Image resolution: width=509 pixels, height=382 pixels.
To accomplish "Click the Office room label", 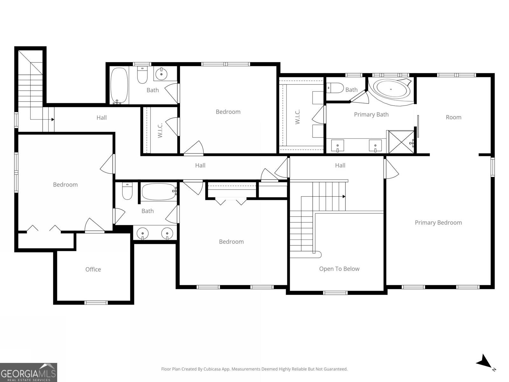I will pyautogui.click(x=93, y=269).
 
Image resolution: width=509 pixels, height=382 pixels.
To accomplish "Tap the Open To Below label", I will pyautogui.click(x=339, y=269).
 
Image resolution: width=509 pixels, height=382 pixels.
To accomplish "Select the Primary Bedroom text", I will pyautogui.click(x=438, y=223).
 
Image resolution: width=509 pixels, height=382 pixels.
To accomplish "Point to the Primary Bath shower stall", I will pyautogui.click(x=400, y=142).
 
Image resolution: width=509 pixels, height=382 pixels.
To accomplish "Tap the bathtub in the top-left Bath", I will pyautogui.click(x=119, y=85).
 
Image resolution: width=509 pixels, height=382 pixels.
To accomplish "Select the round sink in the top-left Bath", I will pyautogui.click(x=162, y=74).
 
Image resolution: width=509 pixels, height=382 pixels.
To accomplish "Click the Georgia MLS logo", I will pyautogui.click(x=28, y=372).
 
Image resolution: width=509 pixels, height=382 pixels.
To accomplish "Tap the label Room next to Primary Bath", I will pyautogui.click(x=453, y=117).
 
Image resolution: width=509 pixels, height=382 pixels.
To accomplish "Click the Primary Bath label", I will pyautogui.click(x=371, y=114).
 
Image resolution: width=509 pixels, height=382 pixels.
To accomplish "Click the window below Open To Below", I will pyautogui.click(x=335, y=293).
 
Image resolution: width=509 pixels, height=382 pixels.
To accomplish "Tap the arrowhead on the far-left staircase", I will pyautogui.click(x=53, y=120).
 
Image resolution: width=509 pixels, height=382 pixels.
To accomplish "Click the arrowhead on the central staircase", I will pyautogui.click(x=344, y=196).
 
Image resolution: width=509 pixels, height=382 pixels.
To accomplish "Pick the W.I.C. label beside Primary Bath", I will pyautogui.click(x=298, y=117).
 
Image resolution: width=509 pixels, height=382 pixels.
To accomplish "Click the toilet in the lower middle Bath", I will pyautogui.click(x=127, y=192).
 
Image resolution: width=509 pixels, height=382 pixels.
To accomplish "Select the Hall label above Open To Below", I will pyautogui.click(x=340, y=165).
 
